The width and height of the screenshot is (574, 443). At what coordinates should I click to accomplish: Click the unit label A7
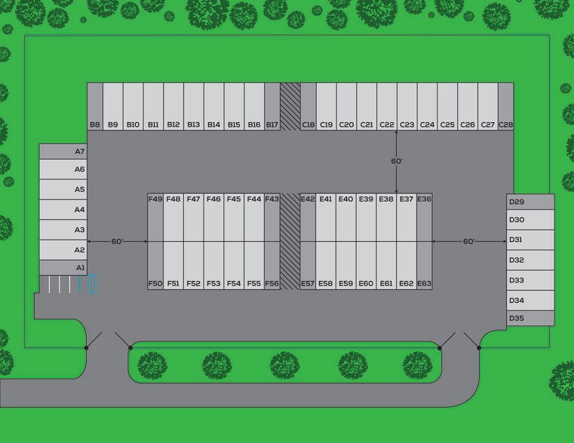tap(80, 151)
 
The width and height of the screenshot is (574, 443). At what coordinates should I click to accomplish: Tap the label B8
tap(95, 124)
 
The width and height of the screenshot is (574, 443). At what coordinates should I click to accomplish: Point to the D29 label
tap(517, 202)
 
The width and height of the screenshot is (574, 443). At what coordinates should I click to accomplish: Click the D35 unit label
tap(517, 318)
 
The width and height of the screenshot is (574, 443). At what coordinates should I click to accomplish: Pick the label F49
tap(155, 199)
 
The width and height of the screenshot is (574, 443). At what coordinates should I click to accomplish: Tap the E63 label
tap(424, 283)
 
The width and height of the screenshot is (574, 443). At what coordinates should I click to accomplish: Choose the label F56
tap(272, 283)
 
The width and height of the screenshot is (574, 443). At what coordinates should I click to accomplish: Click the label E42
tap(308, 199)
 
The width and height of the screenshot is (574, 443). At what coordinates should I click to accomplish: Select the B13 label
tap(194, 124)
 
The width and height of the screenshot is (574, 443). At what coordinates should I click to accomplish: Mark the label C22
tap(387, 124)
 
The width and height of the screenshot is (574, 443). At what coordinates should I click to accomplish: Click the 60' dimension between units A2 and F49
tap(117, 242)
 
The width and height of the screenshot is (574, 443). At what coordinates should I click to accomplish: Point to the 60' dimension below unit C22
tap(397, 161)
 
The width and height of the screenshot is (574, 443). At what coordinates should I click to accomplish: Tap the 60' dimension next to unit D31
tap(469, 242)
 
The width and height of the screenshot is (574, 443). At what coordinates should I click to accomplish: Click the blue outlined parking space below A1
tap(93, 284)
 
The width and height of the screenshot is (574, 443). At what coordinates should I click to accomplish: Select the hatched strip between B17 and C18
tap(290, 107)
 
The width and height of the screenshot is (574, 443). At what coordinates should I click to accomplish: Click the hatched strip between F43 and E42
tap(290, 242)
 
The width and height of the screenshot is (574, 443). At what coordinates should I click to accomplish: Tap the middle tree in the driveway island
tap(285, 365)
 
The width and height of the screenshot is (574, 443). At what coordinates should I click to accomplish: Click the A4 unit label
tap(80, 209)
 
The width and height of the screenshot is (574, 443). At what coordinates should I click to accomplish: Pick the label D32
tap(517, 260)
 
